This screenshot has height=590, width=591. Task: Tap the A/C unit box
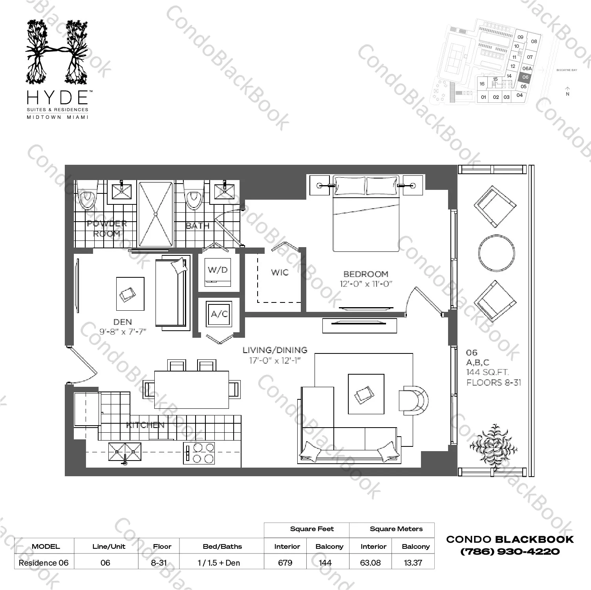(219, 314)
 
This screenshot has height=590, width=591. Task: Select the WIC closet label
(280, 272)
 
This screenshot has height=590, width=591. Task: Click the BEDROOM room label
(366, 274)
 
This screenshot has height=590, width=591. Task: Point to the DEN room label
(123, 322)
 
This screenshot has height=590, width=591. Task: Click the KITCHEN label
(145, 425)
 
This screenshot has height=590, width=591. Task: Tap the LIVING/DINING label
(274, 350)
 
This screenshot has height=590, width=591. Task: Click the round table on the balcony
(496, 252)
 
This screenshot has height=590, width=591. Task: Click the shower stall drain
(156, 214)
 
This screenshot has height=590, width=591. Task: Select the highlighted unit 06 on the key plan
(525, 77)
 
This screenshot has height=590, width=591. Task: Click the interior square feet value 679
(285, 563)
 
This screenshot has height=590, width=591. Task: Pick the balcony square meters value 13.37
(413, 563)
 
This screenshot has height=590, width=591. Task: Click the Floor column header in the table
(162, 546)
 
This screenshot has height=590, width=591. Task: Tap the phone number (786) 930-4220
(510, 551)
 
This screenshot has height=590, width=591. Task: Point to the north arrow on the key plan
(567, 91)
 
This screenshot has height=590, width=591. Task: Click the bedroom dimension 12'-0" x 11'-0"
(366, 284)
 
